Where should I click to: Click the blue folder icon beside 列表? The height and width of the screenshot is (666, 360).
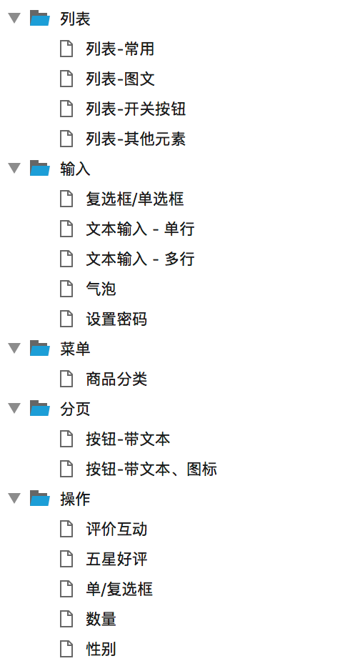40,19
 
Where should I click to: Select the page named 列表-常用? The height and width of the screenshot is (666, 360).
120,49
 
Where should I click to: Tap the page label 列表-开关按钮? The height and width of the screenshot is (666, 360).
136,109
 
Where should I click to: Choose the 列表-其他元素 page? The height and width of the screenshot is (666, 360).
136,139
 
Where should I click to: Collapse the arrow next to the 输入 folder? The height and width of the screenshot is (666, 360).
15,168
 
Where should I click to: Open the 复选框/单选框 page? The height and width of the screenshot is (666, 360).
135,199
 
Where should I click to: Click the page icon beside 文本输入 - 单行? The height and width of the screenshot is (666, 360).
66,229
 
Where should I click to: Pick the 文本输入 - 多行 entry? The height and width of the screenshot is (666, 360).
140,259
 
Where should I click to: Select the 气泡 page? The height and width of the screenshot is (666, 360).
101,289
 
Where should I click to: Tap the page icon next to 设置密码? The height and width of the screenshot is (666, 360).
66,319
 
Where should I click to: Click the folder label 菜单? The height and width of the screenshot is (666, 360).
75,349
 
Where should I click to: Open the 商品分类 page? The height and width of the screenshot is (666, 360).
116,379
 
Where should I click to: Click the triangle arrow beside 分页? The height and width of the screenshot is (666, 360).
15,409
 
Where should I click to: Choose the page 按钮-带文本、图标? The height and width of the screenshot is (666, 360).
151,469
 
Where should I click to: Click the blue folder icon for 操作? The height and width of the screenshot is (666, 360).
40,499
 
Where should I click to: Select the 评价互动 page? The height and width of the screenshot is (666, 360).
116,530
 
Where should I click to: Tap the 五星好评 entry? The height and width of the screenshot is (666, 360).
116,560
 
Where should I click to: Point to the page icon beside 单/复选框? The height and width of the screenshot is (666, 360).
66,589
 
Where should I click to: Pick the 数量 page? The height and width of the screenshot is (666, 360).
101,620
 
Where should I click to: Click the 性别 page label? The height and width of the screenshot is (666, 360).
101,650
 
